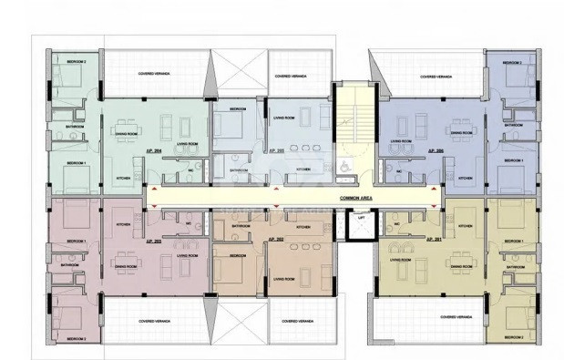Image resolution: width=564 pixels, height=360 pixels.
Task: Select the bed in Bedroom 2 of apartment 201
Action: tap(517, 315)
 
